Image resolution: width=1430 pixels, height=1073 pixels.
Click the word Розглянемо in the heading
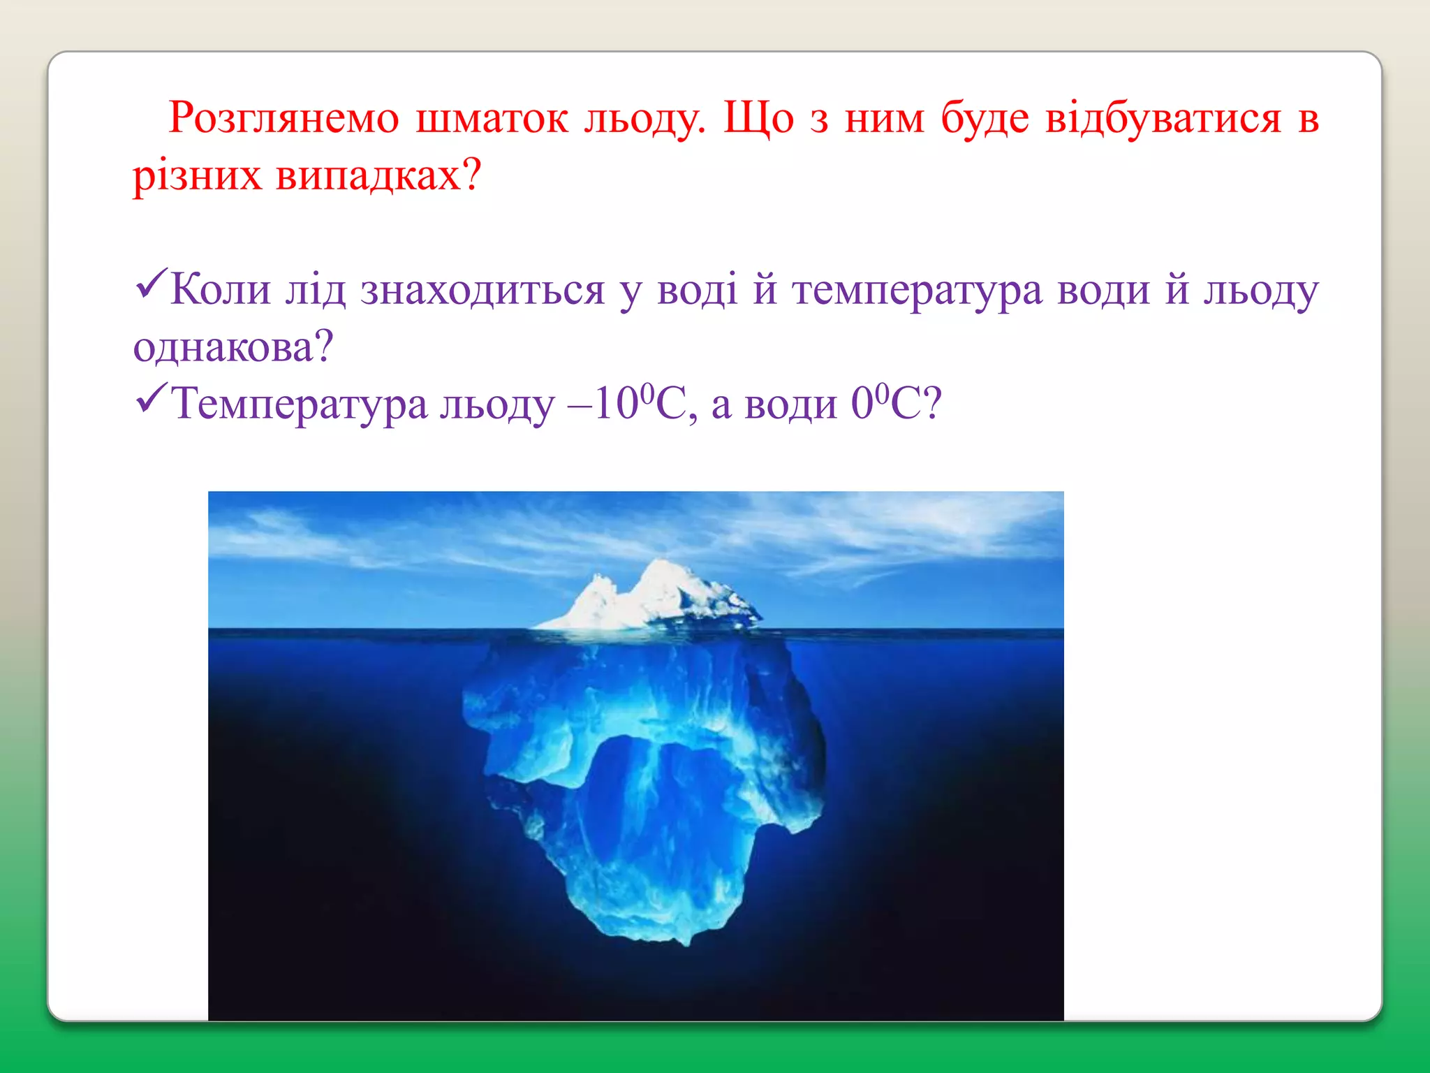point(283,119)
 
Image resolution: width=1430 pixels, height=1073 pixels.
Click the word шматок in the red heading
point(492,119)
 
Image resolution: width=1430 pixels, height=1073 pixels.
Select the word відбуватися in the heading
point(1163,119)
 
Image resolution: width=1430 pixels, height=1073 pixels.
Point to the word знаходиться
point(482,291)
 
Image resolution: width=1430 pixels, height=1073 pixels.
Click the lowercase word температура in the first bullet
point(917,291)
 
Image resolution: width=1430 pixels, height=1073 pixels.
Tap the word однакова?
point(233,347)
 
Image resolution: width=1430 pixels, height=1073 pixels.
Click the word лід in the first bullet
point(315,289)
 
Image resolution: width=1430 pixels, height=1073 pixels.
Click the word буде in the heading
point(985,119)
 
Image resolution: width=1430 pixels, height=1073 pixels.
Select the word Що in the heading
point(758,119)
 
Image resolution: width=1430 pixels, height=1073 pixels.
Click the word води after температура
point(1103,291)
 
